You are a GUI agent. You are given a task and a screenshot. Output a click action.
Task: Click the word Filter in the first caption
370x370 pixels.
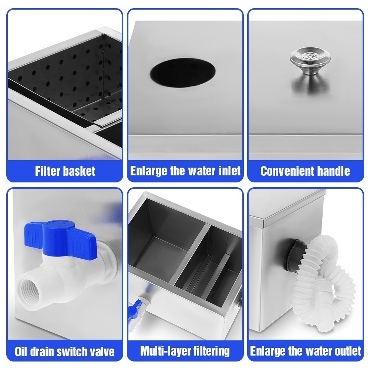(x=47, y=171)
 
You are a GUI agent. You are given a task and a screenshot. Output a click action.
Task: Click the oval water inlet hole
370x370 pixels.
(x=183, y=73)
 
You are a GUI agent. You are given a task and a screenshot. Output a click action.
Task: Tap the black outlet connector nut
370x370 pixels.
(x=295, y=256)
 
